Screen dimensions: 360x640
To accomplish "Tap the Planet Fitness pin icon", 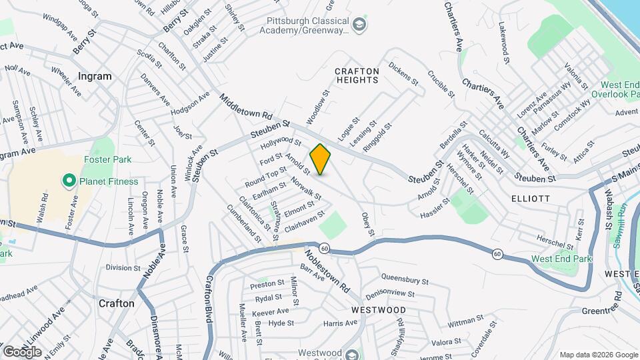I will tap(68, 181).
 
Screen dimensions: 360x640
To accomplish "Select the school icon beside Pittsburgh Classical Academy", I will tap(360, 25).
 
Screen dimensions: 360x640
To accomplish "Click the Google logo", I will tap(23, 351).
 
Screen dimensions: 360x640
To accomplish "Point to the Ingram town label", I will tap(94, 76).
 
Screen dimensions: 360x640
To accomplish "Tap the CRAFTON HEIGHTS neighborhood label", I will tap(357, 75).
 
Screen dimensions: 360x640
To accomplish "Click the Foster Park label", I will tap(107, 159).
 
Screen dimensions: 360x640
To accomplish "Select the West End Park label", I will tap(561, 259).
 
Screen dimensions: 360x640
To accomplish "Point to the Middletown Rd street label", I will tap(246, 107).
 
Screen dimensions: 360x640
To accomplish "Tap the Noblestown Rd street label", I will tap(328, 271).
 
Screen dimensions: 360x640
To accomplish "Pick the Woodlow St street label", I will tap(318, 107).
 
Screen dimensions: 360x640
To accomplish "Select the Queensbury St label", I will tap(407, 277).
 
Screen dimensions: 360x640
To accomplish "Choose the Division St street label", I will tap(123, 267).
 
